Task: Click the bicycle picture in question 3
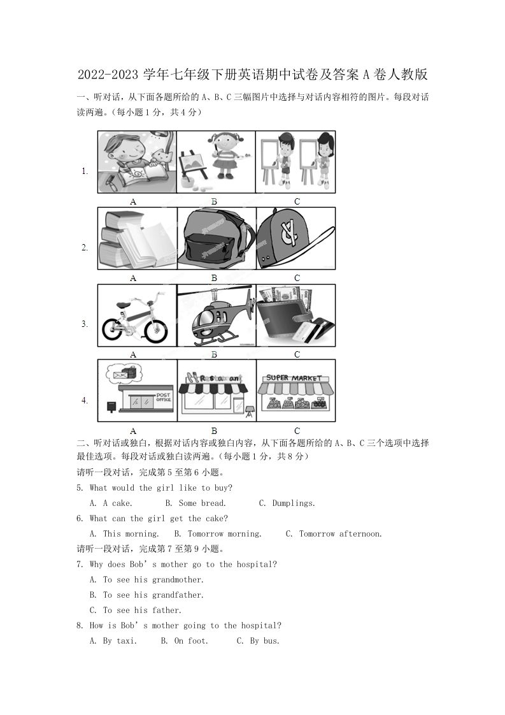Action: click(x=137, y=316)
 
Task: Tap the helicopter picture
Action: click(x=216, y=316)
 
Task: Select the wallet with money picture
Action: click(x=295, y=316)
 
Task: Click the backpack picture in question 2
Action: click(x=216, y=240)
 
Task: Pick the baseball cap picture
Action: click(x=295, y=240)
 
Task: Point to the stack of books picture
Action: click(x=137, y=240)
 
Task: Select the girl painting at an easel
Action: click(x=216, y=162)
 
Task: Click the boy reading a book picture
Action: click(x=137, y=162)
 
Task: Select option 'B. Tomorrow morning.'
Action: click(x=217, y=534)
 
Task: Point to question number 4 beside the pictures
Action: click(x=84, y=400)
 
